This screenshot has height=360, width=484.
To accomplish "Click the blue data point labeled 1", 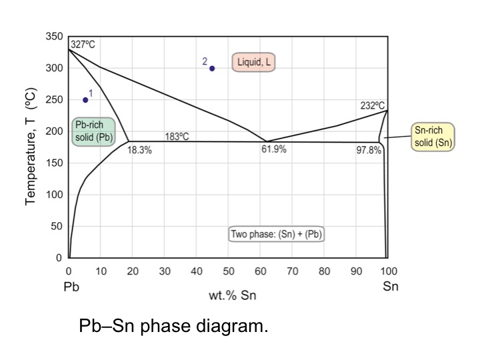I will (85, 100).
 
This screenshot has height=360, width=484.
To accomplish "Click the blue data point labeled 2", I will (212, 68).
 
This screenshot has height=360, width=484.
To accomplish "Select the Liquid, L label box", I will (253, 62).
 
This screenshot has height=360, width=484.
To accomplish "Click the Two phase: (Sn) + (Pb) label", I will (277, 234).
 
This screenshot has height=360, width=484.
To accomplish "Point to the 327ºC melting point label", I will (83, 45).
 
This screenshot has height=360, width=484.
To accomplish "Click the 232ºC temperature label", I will (372, 105).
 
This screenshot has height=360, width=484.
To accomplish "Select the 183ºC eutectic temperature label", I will (177, 136).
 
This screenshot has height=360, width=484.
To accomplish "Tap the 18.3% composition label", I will (139, 150).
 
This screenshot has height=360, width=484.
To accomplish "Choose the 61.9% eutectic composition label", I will (273, 149).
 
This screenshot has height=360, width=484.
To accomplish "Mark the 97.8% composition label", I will (368, 150).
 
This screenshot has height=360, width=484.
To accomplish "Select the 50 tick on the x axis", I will (229, 271).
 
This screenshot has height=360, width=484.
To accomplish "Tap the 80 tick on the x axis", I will (325, 271).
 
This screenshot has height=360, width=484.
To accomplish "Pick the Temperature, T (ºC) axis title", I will (31, 147).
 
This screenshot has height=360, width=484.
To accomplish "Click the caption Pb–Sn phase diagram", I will (173, 327).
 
